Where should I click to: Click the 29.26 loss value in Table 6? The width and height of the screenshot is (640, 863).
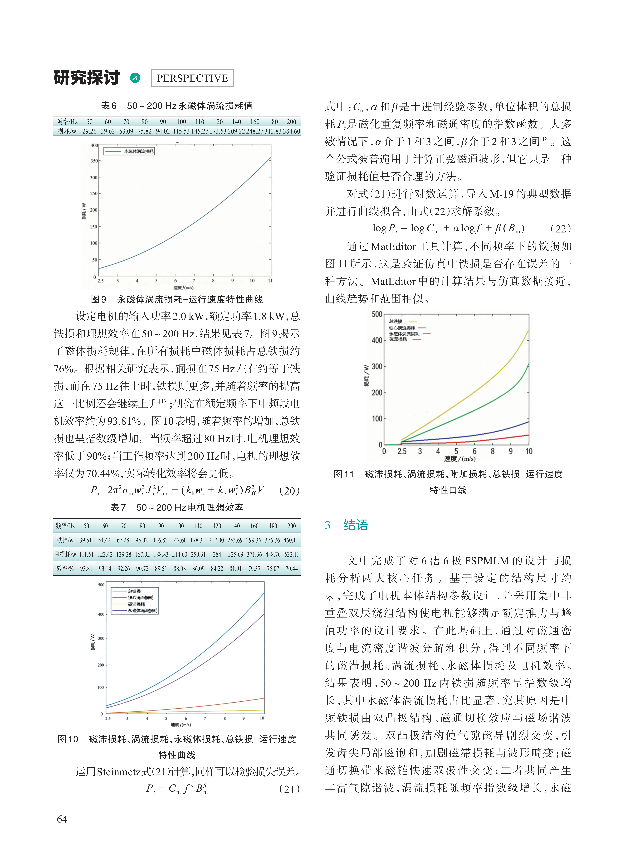[89, 131]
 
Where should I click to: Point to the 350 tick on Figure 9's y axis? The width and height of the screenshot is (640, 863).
[94, 160]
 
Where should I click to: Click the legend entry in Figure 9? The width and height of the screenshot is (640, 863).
[129, 151]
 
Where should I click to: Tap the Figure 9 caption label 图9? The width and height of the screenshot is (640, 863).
[98, 299]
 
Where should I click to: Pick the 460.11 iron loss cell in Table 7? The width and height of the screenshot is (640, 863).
[291, 540]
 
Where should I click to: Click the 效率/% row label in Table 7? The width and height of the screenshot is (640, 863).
[65, 569]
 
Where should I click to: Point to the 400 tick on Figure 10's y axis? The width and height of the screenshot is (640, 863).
[101, 614]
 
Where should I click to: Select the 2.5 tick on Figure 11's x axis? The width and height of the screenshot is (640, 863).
[402, 451]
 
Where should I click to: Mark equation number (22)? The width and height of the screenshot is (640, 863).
[561, 229]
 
